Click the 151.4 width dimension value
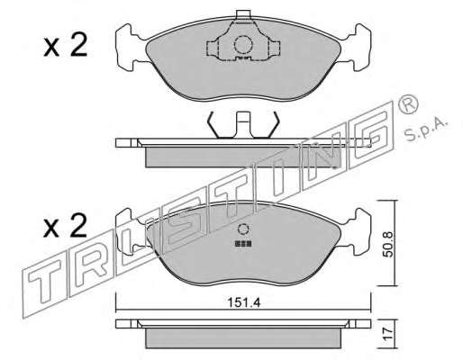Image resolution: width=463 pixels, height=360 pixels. [244, 302]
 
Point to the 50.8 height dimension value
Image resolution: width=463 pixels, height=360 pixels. [388, 244]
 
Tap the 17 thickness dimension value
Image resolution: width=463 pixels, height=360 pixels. [388, 334]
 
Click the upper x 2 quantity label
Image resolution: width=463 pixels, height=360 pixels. [65, 45]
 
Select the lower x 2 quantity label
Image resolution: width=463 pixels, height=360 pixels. [65, 226]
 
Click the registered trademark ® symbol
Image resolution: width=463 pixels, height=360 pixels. [408, 104]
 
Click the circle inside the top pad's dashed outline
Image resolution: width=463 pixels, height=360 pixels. [242, 45]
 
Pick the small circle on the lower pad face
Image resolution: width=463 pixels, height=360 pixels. [242, 229]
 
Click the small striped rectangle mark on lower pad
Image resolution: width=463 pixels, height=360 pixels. [243, 243]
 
